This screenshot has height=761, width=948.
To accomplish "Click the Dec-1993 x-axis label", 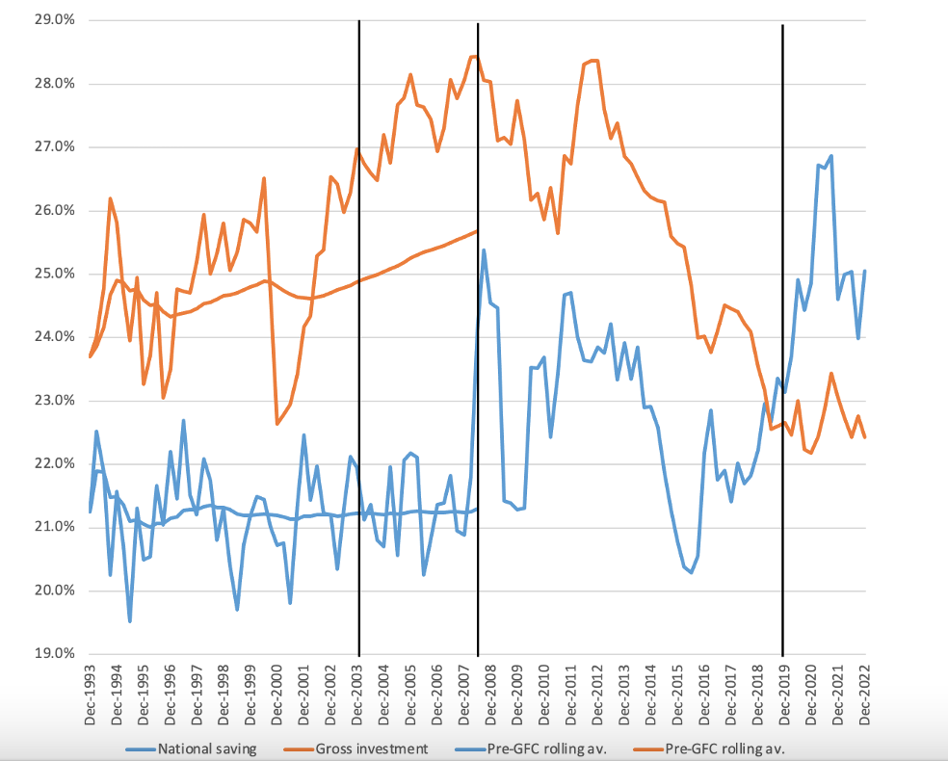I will coord(90,695).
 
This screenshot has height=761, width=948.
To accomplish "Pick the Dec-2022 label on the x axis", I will coord(864,695).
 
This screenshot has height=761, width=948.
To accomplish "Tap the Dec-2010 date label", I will coord(543,695).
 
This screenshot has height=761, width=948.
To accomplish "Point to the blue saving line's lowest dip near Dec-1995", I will coord(129,621).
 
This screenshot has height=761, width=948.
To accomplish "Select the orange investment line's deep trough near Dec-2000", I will coord(277,424).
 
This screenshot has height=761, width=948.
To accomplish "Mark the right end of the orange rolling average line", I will coord(477,231).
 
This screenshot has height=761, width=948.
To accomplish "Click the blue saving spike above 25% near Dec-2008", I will coord(484,250).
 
